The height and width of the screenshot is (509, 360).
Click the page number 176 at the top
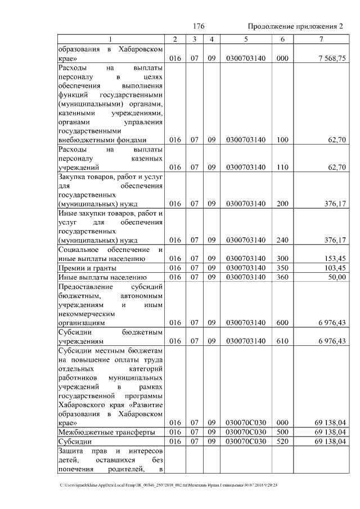[198, 26]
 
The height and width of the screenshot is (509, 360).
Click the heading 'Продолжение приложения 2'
[295, 26]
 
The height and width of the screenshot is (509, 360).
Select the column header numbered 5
[245, 39]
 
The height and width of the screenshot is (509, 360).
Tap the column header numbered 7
[321, 39]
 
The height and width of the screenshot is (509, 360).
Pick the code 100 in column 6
[282, 140]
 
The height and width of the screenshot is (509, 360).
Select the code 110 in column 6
[282, 167]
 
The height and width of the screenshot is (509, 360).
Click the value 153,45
[334, 258]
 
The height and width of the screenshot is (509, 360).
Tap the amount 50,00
[336, 277]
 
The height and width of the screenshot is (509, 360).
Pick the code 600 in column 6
[282, 323]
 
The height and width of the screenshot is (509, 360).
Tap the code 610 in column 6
[282, 341]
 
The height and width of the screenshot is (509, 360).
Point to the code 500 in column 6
[282, 432]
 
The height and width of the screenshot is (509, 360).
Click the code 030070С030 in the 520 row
[245, 442]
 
